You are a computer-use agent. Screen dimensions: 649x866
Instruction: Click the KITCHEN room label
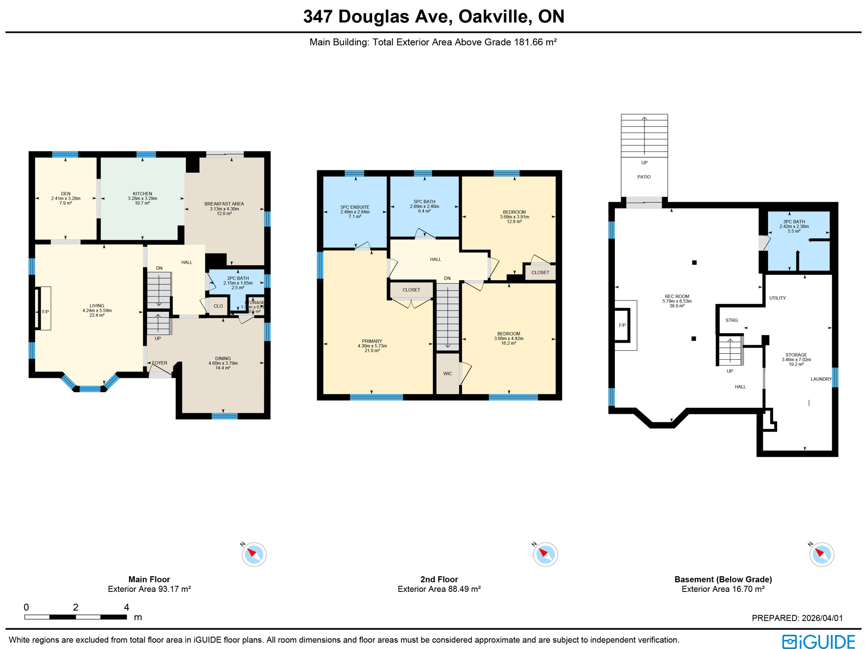[142, 194]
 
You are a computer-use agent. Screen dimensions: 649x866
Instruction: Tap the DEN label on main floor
[66, 194]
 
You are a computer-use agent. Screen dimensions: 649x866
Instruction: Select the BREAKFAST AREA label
[224, 204]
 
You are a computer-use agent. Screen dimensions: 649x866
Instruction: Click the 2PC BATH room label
[238, 278]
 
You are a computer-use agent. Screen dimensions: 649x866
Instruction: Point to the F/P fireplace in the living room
[45, 312]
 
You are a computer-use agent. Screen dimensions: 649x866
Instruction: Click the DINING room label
[223, 358]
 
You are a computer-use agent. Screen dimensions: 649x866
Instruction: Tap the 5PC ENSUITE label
[355, 207]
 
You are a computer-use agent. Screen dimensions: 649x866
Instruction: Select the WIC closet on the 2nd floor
[447, 374]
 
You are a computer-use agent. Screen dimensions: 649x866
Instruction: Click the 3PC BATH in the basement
[794, 222]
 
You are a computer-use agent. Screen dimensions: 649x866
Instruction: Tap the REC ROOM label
[677, 297]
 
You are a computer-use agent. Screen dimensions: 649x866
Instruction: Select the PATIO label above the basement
[644, 177]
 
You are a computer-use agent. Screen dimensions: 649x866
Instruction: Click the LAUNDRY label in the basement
[821, 379]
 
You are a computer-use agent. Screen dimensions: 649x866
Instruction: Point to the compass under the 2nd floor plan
[545, 554]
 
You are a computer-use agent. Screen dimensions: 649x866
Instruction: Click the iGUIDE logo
[818, 641]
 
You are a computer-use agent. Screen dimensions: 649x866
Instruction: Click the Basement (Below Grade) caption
[723, 580]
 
